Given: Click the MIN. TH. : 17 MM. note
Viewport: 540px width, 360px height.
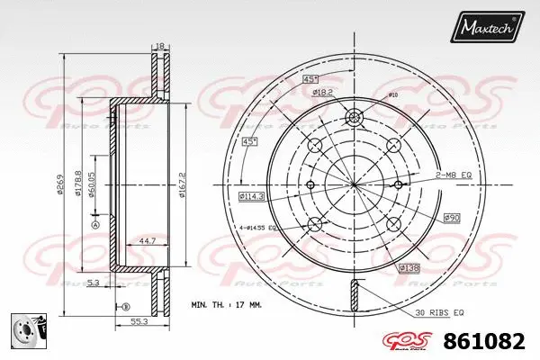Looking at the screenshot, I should (x=226, y=306).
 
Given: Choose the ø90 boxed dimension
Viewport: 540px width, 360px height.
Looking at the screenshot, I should (x=451, y=217).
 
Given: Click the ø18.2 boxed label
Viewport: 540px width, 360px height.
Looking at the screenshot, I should (x=324, y=91).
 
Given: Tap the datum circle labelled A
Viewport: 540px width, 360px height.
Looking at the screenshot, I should (x=95, y=225).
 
